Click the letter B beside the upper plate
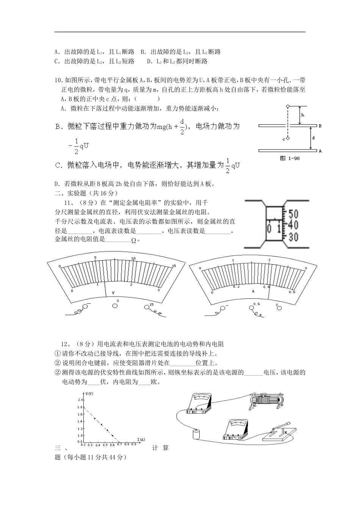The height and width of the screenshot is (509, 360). (320, 126)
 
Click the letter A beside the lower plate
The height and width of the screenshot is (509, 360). (320, 151)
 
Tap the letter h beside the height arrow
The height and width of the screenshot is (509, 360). (302, 114)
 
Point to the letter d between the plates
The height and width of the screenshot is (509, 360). (313, 138)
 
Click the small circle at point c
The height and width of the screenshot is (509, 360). (288, 139)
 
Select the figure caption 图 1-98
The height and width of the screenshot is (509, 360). (290, 158)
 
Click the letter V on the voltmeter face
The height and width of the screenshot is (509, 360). (113, 292)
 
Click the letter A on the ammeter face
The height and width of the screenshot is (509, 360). (253, 291)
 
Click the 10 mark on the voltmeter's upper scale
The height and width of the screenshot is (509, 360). (133, 259)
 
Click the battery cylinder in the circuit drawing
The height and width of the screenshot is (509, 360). (196, 434)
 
